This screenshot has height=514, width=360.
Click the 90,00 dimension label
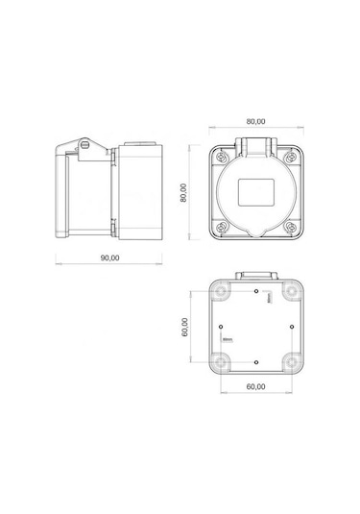(108, 257)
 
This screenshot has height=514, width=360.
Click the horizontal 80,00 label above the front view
(255, 122)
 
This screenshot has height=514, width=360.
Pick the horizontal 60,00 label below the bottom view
(255, 386)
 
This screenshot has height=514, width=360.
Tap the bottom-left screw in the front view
(223, 228)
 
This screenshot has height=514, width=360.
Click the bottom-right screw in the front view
(289, 228)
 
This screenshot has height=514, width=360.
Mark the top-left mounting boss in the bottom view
(223, 288)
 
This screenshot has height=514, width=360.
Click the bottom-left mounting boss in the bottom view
(223, 362)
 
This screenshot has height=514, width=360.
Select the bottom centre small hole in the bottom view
(256, 361)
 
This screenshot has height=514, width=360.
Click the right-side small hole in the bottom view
(290, 325)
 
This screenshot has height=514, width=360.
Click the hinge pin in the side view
(84, 143)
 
